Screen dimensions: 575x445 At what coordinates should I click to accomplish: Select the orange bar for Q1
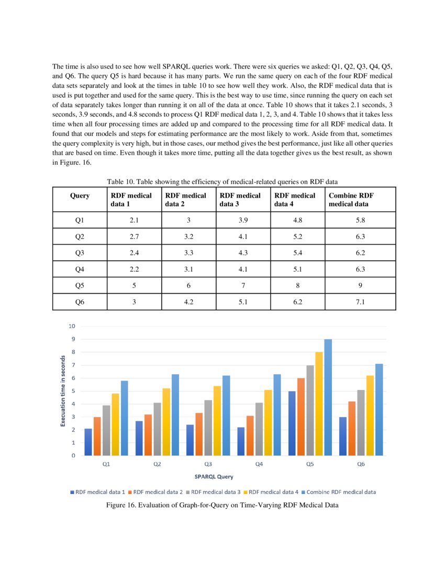coord(97,436)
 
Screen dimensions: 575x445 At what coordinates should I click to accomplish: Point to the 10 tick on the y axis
coord(72,326)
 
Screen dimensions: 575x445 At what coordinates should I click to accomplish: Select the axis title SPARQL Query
coord(214,477)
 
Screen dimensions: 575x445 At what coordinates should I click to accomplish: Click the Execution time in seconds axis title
coord(63,391)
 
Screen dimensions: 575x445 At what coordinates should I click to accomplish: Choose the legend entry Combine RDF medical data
coord(341,492)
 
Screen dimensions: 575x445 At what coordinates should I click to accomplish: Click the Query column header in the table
coord(80,195)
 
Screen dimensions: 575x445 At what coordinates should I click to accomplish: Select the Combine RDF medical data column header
coord(360,199)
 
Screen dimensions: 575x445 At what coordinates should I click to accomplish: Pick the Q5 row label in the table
coord(80,285)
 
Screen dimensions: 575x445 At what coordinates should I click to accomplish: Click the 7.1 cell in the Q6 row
coord(360,302)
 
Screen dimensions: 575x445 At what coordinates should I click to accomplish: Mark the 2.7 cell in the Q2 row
coord(134,236)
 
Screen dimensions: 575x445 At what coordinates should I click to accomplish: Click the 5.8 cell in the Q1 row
coord(360,220)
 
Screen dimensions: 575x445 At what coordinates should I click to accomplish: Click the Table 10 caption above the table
coord(222,181)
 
